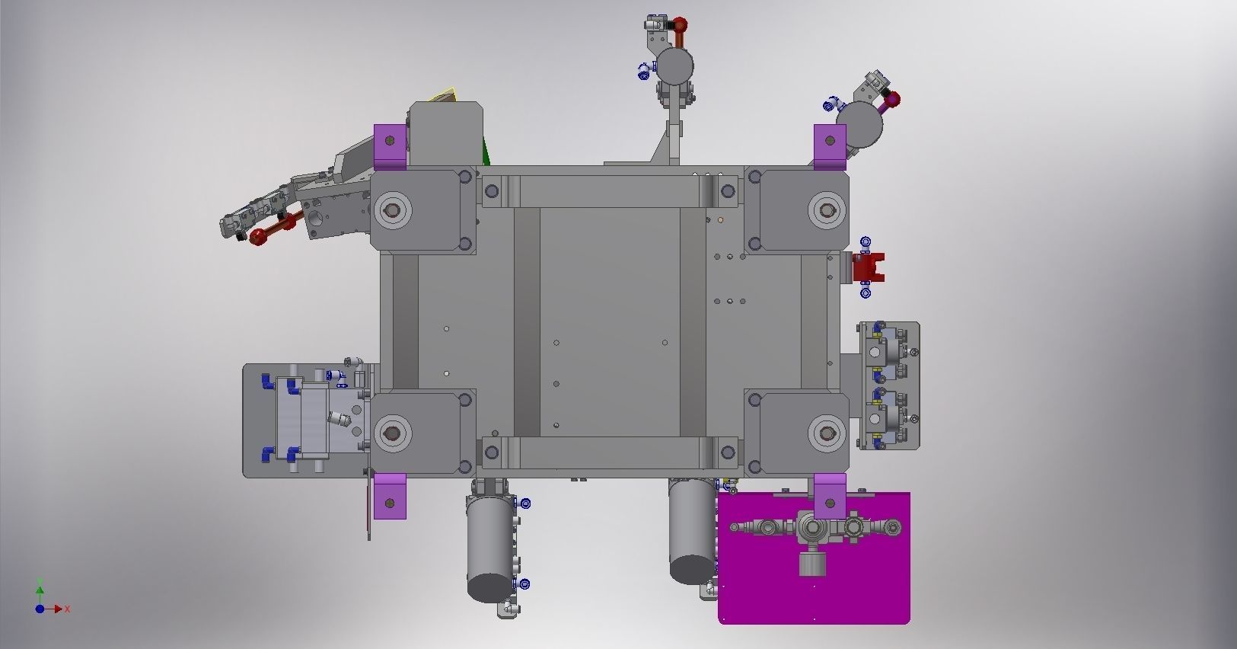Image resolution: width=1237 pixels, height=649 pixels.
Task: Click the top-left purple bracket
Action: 390,148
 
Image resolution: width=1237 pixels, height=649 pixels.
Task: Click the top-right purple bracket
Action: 830,147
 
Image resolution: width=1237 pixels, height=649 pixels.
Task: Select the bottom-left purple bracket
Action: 390,496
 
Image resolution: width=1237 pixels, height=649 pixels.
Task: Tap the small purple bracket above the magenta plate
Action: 830,496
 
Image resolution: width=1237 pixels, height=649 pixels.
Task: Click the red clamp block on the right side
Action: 868,267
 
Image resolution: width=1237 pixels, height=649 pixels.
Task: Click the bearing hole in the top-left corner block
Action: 393,209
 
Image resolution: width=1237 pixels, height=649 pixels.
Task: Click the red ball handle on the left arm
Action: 259,237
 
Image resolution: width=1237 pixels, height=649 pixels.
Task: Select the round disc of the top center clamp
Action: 675,66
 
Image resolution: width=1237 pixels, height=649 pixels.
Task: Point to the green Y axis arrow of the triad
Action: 40,589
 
